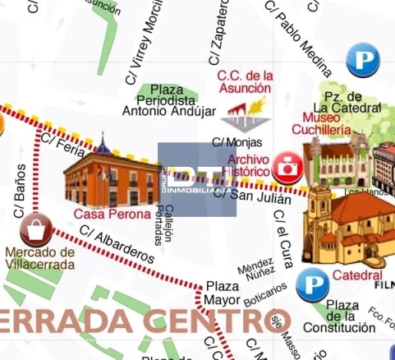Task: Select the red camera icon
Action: [287, 167]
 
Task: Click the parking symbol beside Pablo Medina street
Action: [361, 60]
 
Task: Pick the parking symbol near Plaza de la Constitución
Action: [313, 285]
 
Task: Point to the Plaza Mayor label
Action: [222, 293]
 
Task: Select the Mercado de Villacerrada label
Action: [39, 258]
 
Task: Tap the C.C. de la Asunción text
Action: [244, 81]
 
